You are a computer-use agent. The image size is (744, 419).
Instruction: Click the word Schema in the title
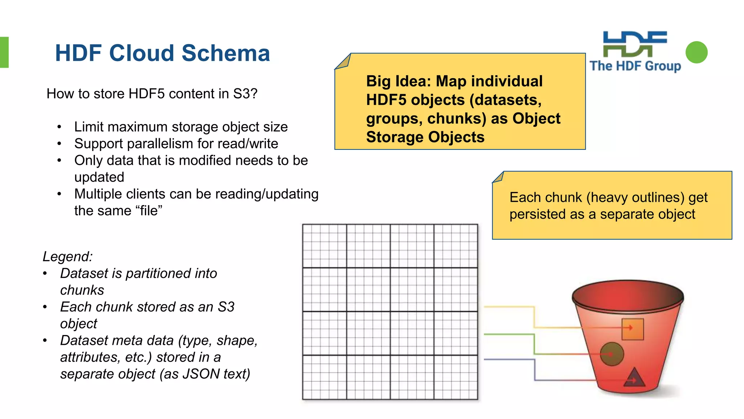click(x=226, y=53)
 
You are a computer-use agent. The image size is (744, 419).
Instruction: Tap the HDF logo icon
click(x=635, y=44)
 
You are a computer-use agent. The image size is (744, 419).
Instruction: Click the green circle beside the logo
click(x=696, y=52)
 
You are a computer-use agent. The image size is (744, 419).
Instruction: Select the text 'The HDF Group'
click(x=635, y=66)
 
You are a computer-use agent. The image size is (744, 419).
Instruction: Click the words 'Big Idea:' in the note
click(x=398, y=81)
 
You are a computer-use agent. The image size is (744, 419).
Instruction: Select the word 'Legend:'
click(x=68, y=256)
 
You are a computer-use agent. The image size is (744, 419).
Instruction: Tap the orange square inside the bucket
click(x=632, y=329)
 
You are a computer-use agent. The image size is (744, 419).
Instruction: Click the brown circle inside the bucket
click(x=612, y=354)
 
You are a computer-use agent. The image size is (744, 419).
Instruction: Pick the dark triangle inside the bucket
click(x=634, y=378)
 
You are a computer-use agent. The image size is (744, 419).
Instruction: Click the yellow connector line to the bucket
click(x=534, y=316)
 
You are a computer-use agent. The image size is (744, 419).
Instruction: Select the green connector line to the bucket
click(x=534, y=344)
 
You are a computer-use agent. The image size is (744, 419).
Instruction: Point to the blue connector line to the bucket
click(x=534, y=370)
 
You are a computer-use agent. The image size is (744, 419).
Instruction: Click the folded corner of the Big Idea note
click(x=343, y=62)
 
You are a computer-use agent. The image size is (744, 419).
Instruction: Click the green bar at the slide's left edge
click(x=4, y=52)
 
